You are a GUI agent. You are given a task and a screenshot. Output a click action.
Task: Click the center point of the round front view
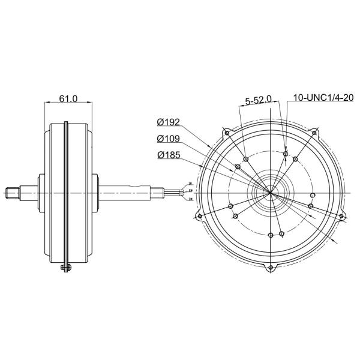[x=271, y=194]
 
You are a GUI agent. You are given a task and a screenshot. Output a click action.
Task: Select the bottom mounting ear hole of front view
[x=271, y=266]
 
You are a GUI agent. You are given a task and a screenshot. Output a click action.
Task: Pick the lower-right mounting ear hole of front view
[x=343, y=217]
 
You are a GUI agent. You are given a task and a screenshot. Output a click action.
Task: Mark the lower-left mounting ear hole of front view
[x=200, y=217]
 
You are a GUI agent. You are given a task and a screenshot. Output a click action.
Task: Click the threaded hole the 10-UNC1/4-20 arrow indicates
[x=285, y=154]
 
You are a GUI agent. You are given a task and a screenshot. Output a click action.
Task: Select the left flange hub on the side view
[x=43, y=193]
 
